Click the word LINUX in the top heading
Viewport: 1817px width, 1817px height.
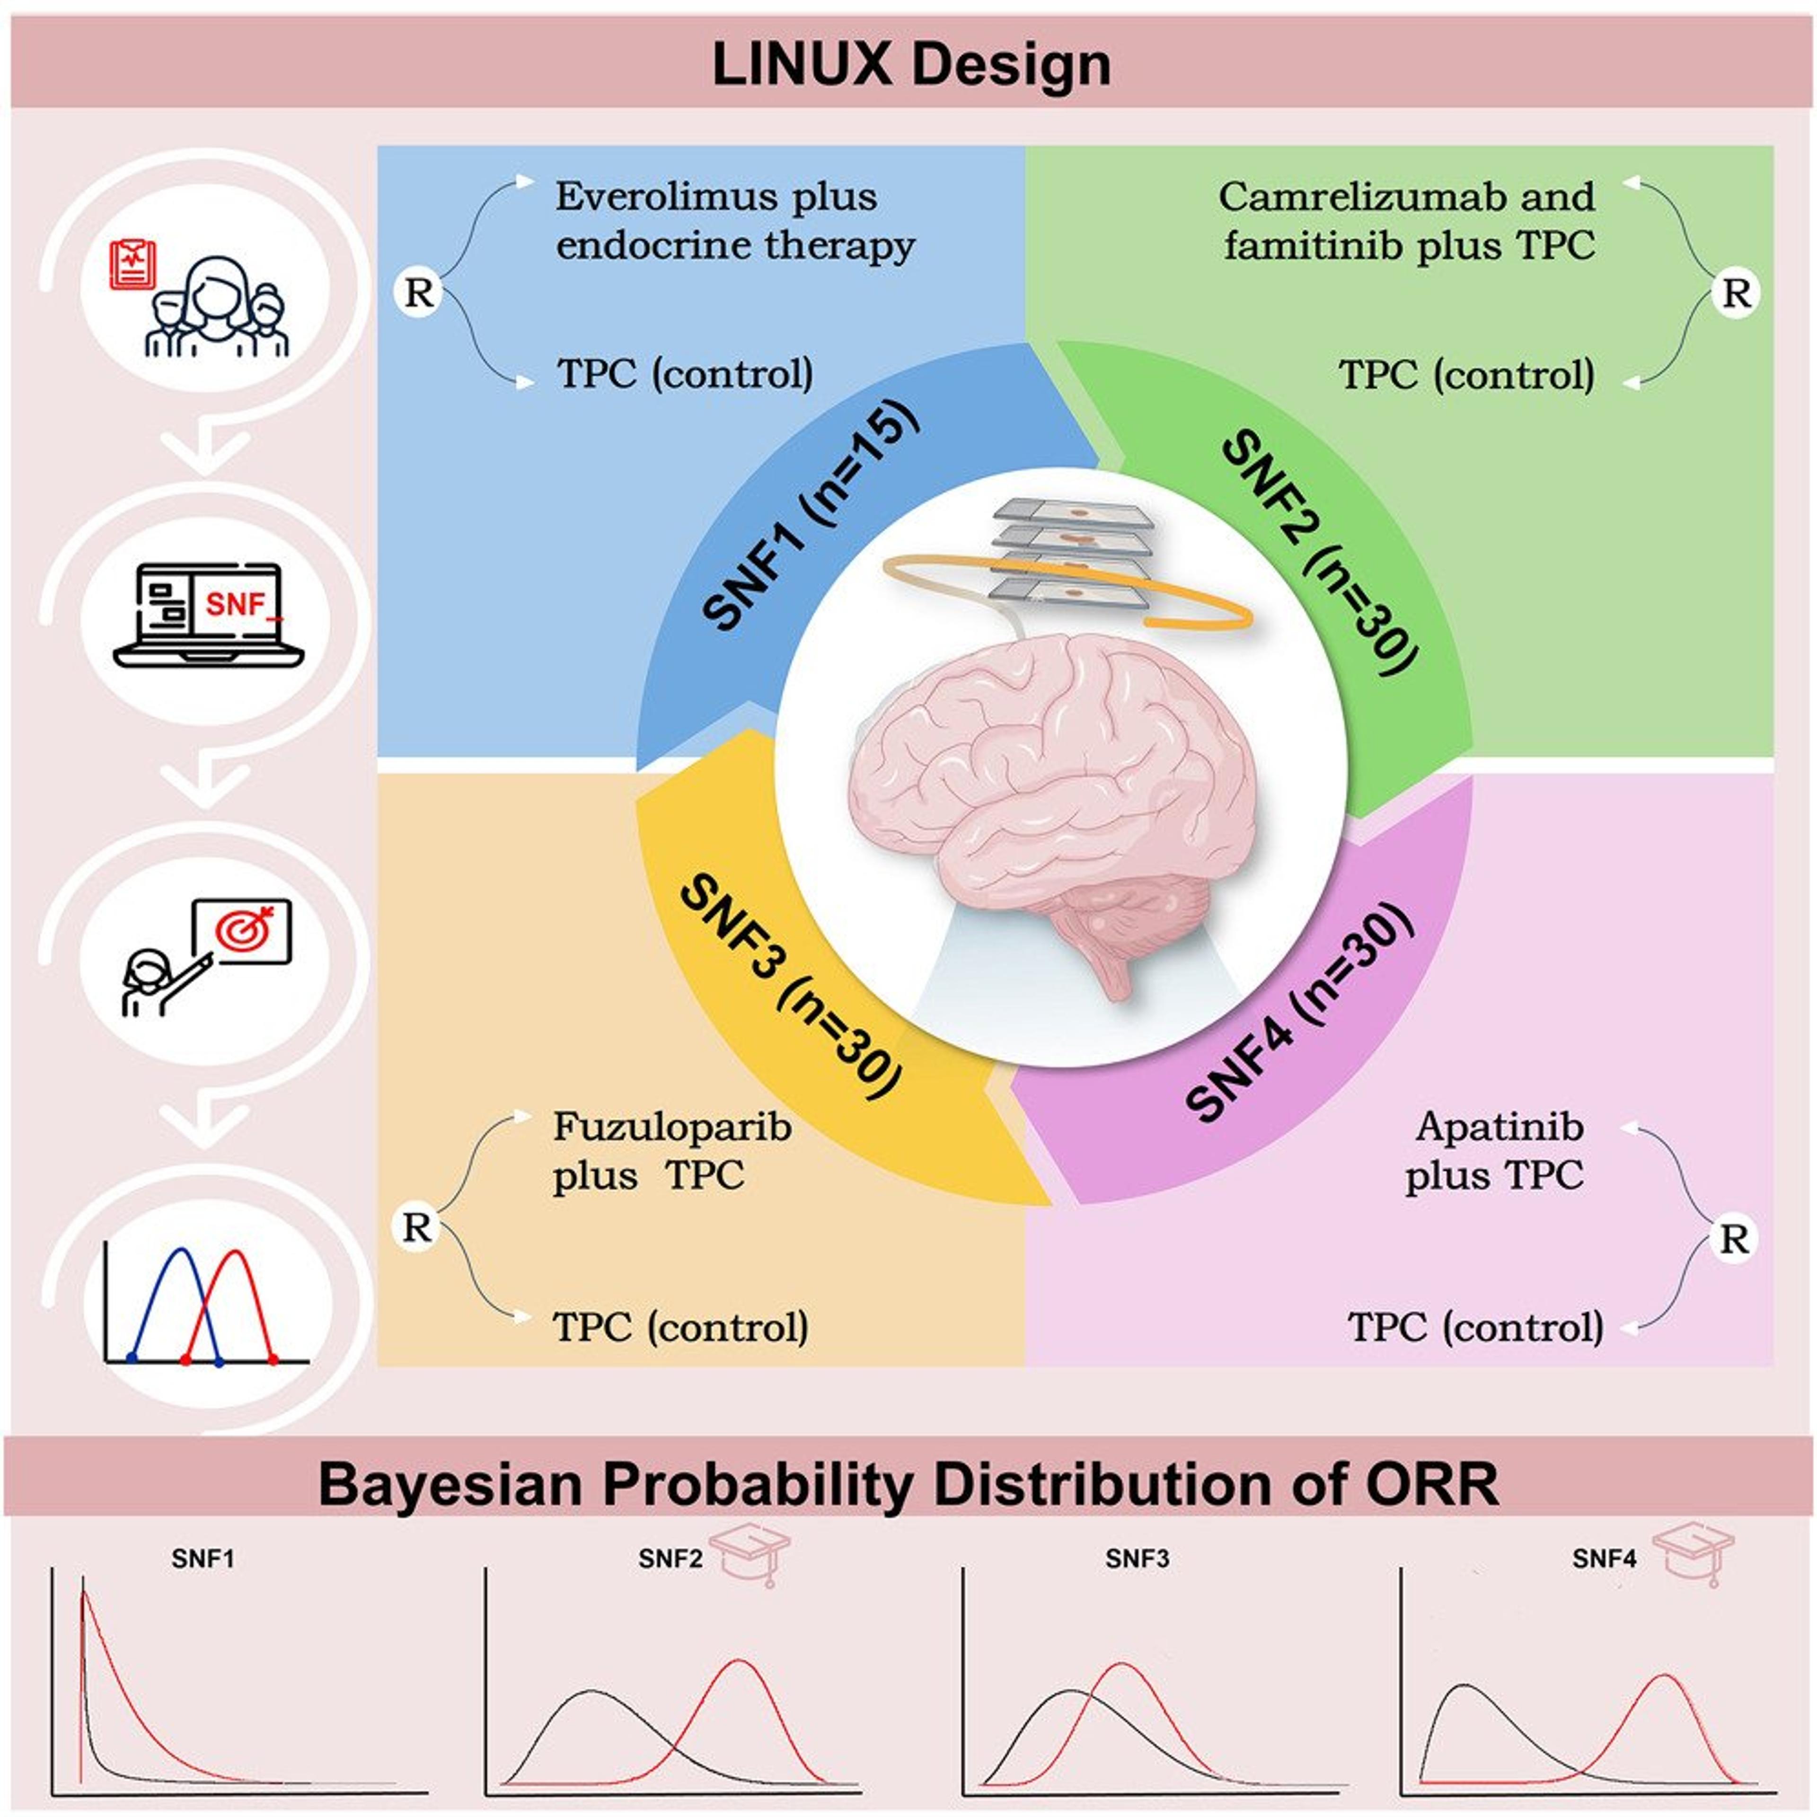click(799, 66)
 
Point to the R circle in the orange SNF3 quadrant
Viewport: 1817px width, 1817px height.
click(416, 1227)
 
